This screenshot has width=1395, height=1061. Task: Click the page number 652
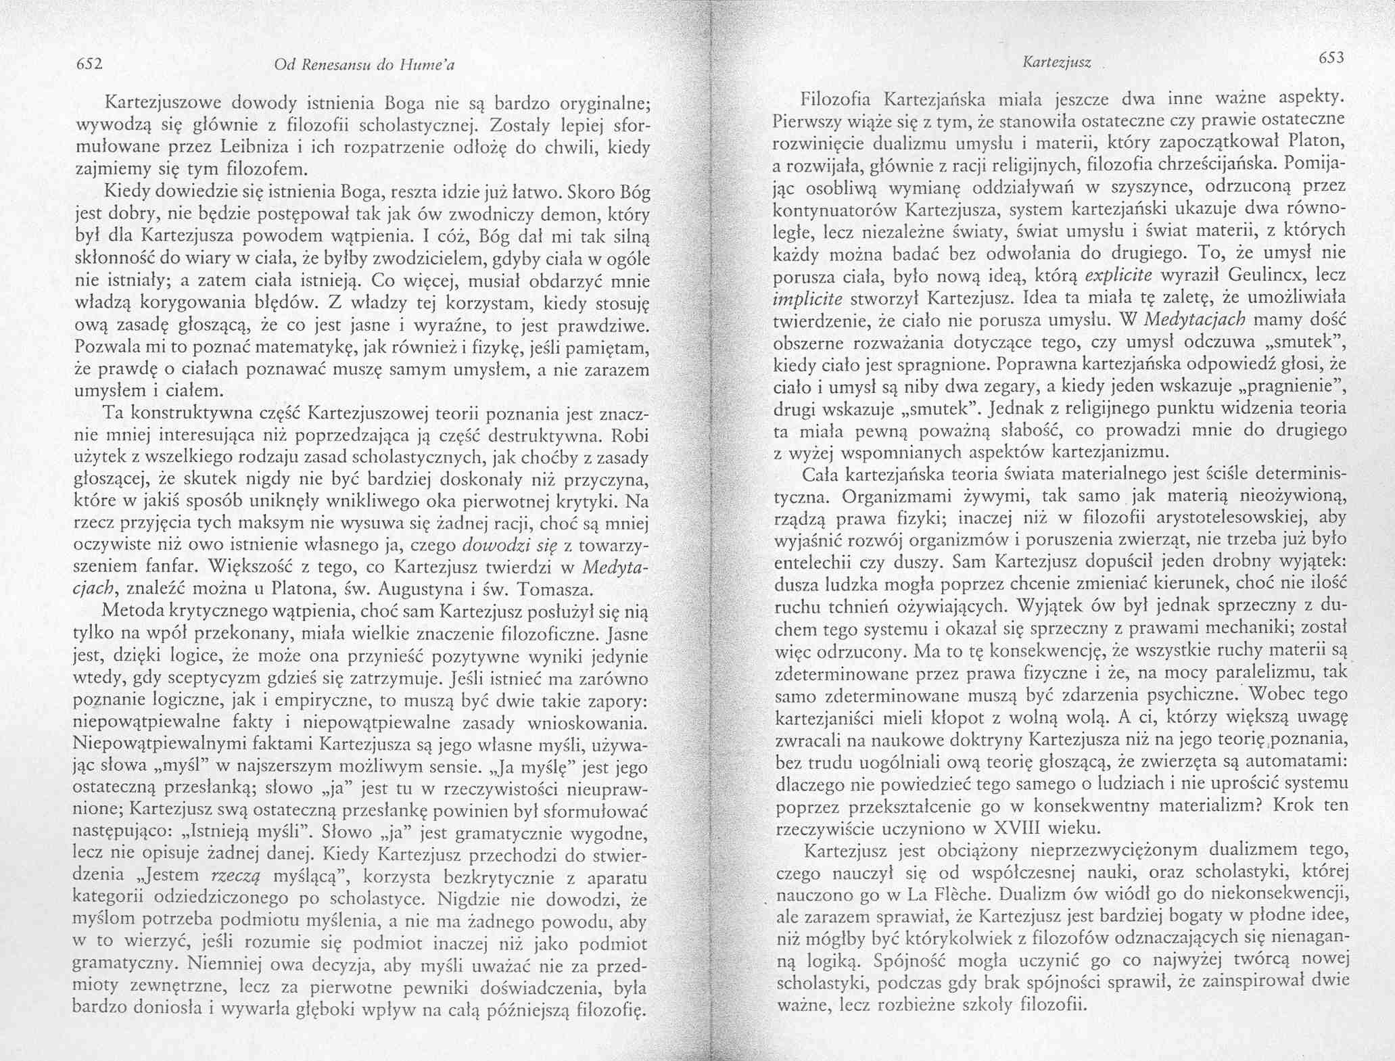[x=88, y=64]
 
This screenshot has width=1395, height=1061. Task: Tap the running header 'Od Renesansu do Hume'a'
[x=364, y=65]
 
